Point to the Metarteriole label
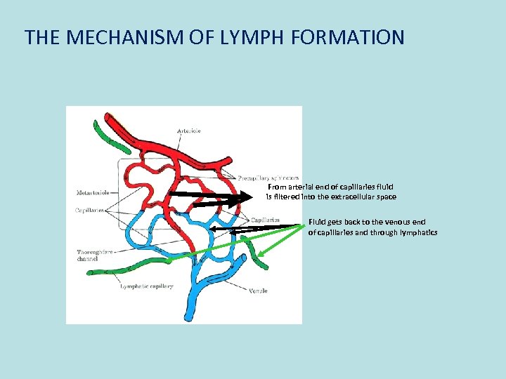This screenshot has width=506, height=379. pos(93,193)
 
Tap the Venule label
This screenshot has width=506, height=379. pos(257,291)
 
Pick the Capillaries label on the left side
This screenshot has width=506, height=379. pos(91,209)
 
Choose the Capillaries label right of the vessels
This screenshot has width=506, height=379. pos(265,220)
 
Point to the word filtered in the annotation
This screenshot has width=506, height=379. pos(289,197)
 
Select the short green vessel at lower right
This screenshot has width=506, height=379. pos(254,253)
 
